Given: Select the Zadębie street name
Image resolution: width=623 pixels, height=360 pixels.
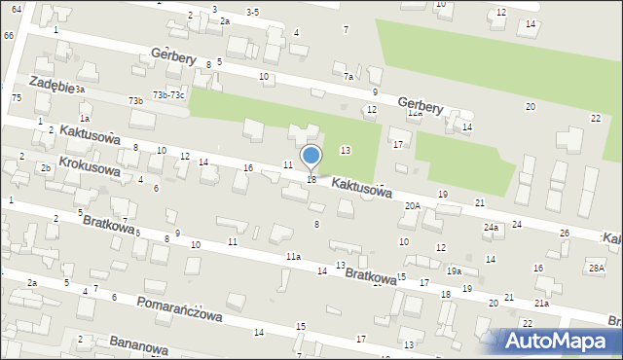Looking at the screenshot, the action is coord(53,85).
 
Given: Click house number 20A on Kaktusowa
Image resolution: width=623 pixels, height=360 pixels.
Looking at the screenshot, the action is coord(413,205).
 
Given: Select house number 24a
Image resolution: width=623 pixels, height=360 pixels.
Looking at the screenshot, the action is coord(492,228).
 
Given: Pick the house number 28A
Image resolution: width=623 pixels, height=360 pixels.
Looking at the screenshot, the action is coord(597,267).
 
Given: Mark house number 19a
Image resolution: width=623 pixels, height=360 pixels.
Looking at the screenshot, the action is coord(454,271).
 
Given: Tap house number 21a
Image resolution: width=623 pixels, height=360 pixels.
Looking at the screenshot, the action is coord(540,304).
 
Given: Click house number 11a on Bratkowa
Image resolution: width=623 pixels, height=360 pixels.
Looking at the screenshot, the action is coord(293,256).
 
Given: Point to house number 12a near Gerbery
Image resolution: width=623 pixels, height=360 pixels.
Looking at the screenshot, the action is coord(415,113).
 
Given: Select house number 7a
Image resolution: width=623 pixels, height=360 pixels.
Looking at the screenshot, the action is coord(348,76).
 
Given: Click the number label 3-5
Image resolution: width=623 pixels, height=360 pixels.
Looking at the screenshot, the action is coord(252,12).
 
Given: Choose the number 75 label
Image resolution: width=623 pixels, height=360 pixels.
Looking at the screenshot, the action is coord(16,98).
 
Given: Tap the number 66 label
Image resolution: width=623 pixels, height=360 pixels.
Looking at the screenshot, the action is coord(8,35).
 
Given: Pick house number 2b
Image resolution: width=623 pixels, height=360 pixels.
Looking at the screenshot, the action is coord(46,168).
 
